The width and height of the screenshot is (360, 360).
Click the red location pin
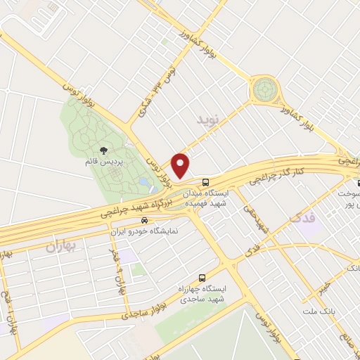pyautogui.click(x=181, y=165)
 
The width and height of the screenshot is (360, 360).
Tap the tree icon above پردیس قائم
pyautogui.click(x=104, y=150)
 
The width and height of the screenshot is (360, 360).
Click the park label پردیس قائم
pyautogui.click(x=104, y=162)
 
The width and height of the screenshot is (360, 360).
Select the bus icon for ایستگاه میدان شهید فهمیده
pyautogui.click(x=205, y=181)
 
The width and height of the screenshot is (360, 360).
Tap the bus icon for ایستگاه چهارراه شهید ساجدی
pyautogui.click(x=202, y=277)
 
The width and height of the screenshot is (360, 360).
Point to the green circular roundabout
pyautogui.click(x=264, y=89)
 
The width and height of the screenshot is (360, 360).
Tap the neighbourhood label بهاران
pyautogui.click(x=60, y=246)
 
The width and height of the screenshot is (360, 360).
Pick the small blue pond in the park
pyautogui.click(x=143, y=184)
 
